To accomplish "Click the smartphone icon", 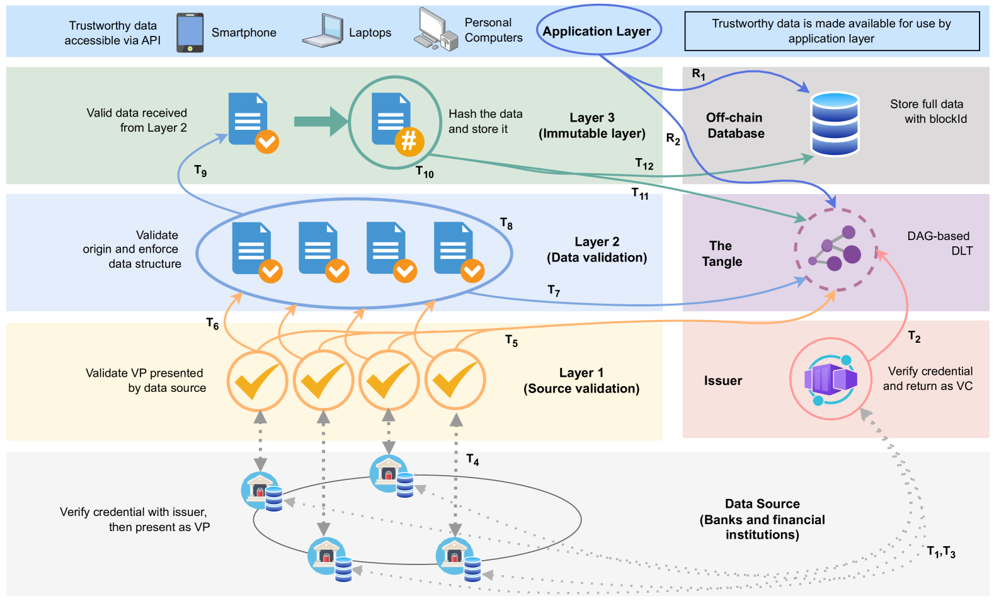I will pyautogui.click(x=190, y=33).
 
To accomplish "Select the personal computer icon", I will pyautogui.click(x=435, y=29).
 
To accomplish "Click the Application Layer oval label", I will pyautogui.click(x=597, y=31).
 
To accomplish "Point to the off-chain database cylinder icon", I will pyautogui.click(x=835, y=123).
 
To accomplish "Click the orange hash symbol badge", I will pyautogui.click(x=409, y=140).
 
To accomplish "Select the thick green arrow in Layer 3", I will pyautogui.click(x=321, y=122).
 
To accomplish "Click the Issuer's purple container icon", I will pyautogui.click(x=831, y=379).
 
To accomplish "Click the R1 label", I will pyautogui.click(x=698, y=74).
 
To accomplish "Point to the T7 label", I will pyautogui.click(x=554, y=290).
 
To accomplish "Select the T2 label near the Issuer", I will pyautogui.click(x=914, y=336).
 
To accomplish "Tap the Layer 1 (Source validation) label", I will pyautogui.click(x=581, y=381).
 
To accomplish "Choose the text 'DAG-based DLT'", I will pyautogui.click(x=939, y=243).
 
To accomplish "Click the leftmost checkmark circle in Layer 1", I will pyautogui.click(x=257, y=381).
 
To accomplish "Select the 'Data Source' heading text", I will pyautogui.click(x=762, y=503).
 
